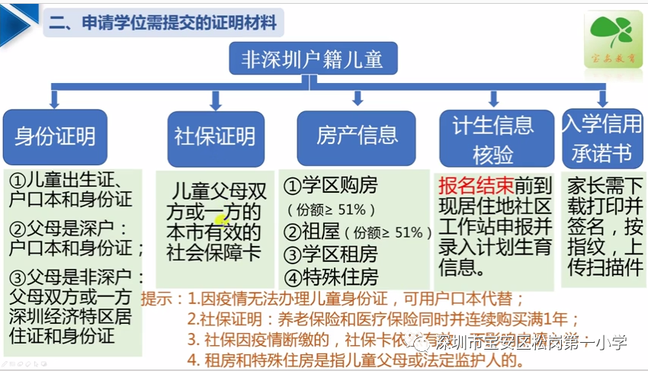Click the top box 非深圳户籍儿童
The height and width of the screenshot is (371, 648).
point(312,59)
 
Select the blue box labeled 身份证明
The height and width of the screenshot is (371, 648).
point(55,136)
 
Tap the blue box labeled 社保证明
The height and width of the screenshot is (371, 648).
point(215,137)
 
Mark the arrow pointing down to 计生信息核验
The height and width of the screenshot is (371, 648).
point(493,98)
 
